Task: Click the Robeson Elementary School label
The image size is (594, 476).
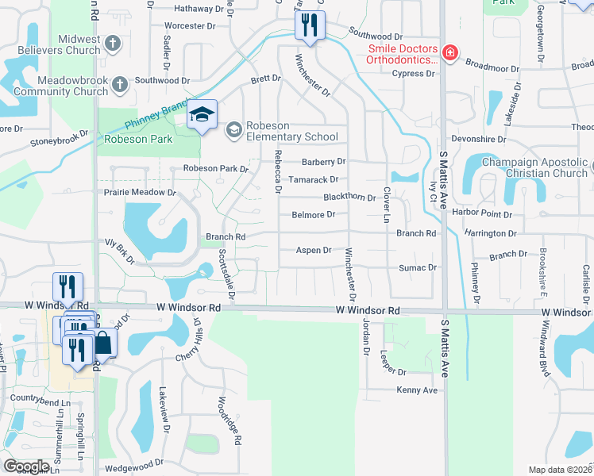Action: pyautogui.click(x=291, y=131)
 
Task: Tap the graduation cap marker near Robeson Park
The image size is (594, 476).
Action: pyautogui.click(x=202, y=116)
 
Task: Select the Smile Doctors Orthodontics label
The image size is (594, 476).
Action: pyautogui.click(x=403, y=53)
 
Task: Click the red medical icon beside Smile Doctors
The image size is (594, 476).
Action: pyautogui.click(x=450, y=53)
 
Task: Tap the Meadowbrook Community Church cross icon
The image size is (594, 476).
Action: pyautogui.click(x=120, y=84)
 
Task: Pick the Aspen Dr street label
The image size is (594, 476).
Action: pyautogui.click(x=314, y=250)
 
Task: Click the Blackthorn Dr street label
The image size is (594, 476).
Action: pyautogui.click(x=349, y=197)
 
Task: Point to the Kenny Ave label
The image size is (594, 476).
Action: pyautogui.click(x=418, y=390)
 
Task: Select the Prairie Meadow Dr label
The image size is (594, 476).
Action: pyautogui.click(x=139, y=193)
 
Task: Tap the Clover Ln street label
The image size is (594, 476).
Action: pyautogui.click(x=388, y=205)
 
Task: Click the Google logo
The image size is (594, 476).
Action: pyautogui.click(x=26, y=466)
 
